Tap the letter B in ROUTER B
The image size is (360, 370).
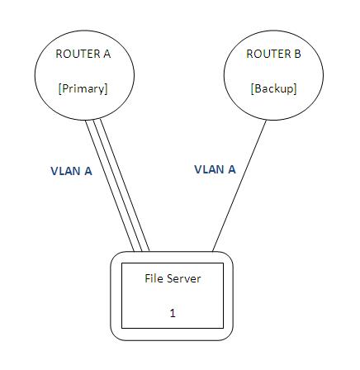[x=297, y=54]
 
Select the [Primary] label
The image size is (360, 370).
[x=83, y=88]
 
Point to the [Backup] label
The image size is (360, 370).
[x=273, y=88]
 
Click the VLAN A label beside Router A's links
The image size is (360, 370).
[x=71, y=171]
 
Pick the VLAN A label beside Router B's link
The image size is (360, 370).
[x=215, y=169]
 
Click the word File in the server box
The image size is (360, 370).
[x=154, y=278]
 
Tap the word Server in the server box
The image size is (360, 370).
[x=183, y=278]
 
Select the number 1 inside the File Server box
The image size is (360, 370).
[x=173, y=313]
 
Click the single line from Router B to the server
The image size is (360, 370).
[x=239, y=186]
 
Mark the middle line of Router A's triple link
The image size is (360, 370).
[x=117, y=186]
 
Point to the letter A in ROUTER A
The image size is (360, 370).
[x=107, y=54]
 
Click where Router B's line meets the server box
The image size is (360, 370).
[x=212, y=252]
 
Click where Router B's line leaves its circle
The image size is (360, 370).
[x=267, y=120]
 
